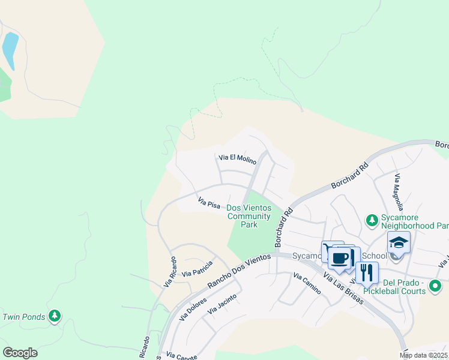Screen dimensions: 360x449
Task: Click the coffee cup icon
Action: (340, 258)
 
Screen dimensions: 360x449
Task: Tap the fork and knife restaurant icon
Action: (366, 272)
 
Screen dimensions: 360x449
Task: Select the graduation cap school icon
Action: (398, 242)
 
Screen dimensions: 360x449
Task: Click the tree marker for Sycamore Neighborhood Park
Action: (372, 221)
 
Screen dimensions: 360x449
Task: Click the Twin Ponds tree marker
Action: (55, 316)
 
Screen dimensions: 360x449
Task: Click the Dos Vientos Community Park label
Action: (249, 216)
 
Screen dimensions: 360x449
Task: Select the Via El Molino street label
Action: (237, 159)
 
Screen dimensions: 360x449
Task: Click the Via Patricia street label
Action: (197, 268)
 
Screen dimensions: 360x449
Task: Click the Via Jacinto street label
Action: (221, 304)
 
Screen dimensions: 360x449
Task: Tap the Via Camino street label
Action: (307, 284)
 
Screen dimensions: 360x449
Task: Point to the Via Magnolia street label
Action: (397, 189)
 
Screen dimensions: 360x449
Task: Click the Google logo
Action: (20, 353)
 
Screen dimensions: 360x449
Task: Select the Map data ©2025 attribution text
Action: (424, 355)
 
